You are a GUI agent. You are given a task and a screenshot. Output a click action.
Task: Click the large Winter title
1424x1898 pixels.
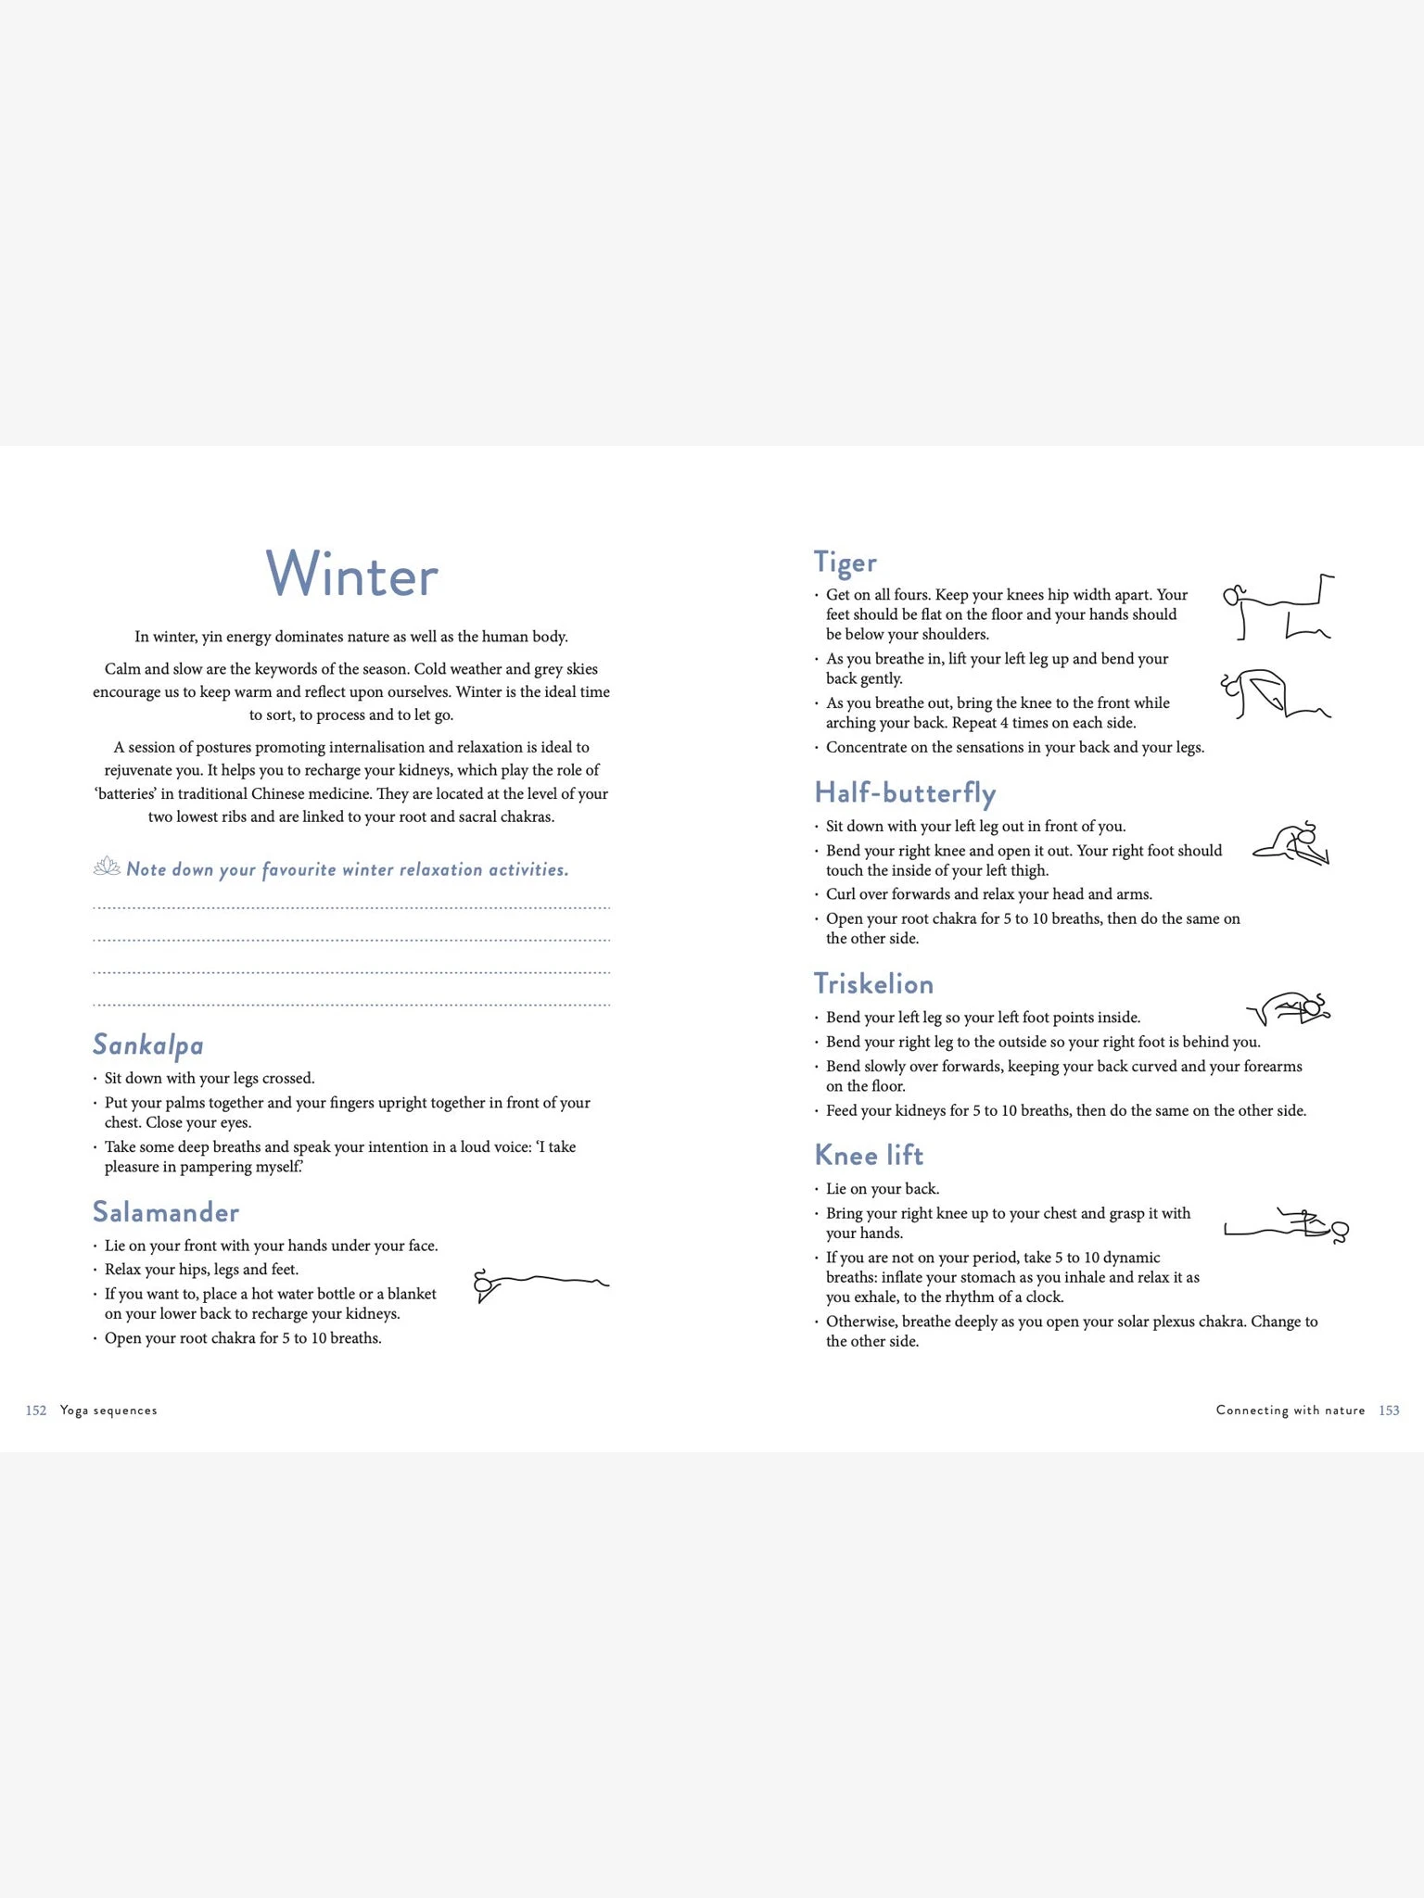pos(351,575)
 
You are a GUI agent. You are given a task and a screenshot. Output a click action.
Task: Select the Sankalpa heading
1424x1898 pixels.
pos(148,1044)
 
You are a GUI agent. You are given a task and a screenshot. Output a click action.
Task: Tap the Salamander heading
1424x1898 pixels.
pos(166,1211)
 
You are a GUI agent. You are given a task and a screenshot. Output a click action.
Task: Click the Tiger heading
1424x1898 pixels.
pos(845,562)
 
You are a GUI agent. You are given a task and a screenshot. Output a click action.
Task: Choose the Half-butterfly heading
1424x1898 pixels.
pos(905,792)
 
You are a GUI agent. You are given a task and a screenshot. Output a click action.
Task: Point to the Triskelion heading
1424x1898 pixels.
pos(873,983)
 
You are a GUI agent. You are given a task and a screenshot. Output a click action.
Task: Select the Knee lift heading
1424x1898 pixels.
pos(869,1155)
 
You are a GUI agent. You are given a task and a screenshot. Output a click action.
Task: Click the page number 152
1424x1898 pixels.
pos(36,1411)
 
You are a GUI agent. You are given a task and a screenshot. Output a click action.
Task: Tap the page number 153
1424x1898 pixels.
pos(1389,1411)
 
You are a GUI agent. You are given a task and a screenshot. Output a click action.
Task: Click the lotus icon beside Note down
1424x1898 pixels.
pos(107,867)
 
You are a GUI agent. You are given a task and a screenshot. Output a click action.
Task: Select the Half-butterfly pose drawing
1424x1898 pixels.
pos(1292,843)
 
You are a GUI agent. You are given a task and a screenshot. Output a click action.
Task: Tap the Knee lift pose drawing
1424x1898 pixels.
pos(1287,1226)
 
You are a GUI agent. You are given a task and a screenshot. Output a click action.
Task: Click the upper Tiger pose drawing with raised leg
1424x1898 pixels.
pos(1278,607)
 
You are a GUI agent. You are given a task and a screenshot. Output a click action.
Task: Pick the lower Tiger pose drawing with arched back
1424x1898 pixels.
pos(1274,694)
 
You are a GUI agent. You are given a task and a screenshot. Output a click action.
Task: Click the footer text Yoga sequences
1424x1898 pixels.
pos(108,1411)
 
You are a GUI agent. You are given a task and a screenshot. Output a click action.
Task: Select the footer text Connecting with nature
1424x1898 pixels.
pos(1290,1411)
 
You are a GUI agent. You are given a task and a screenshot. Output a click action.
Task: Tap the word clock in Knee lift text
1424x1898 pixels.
pos(1044,1297)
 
